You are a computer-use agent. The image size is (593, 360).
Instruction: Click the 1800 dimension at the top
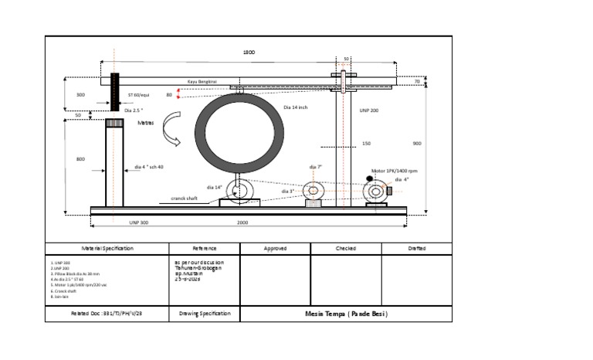[x=249, y=53]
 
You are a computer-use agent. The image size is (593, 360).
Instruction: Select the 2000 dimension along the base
[x=242, y=221]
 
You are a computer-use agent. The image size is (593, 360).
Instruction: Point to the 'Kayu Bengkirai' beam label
[x=203, y=80]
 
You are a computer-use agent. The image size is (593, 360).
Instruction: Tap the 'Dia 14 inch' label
[x=296, y=107]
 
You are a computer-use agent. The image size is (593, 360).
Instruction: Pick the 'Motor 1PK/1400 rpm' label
[x=394, y=171]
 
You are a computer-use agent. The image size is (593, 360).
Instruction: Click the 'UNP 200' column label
[x=370, y=111]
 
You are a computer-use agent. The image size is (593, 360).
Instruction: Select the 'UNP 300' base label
[x=139, y=221]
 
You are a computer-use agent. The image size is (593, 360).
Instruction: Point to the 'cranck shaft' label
[x=184, y=199]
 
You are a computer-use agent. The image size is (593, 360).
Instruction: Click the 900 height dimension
[x=417, y=144]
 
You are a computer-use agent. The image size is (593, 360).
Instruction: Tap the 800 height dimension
[x=80, y=159]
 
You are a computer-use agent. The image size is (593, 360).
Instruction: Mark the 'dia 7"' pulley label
[x=315, y=166]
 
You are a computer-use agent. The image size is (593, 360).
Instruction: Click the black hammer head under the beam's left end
[x=115, y=93]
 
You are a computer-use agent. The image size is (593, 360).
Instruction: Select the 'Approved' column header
[x=275, y=249]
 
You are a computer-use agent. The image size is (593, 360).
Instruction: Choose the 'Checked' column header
[x=345, y=249]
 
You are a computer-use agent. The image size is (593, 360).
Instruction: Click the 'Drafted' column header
[x=416, y=249]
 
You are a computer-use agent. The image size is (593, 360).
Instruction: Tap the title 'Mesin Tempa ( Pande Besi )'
[x=346, y=314]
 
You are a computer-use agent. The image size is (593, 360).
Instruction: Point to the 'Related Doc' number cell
[x=107, y=314]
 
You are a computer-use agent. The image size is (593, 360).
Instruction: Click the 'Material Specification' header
[x=107, y=249]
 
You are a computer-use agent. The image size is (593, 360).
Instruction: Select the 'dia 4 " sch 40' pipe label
[x=148, y=167]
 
